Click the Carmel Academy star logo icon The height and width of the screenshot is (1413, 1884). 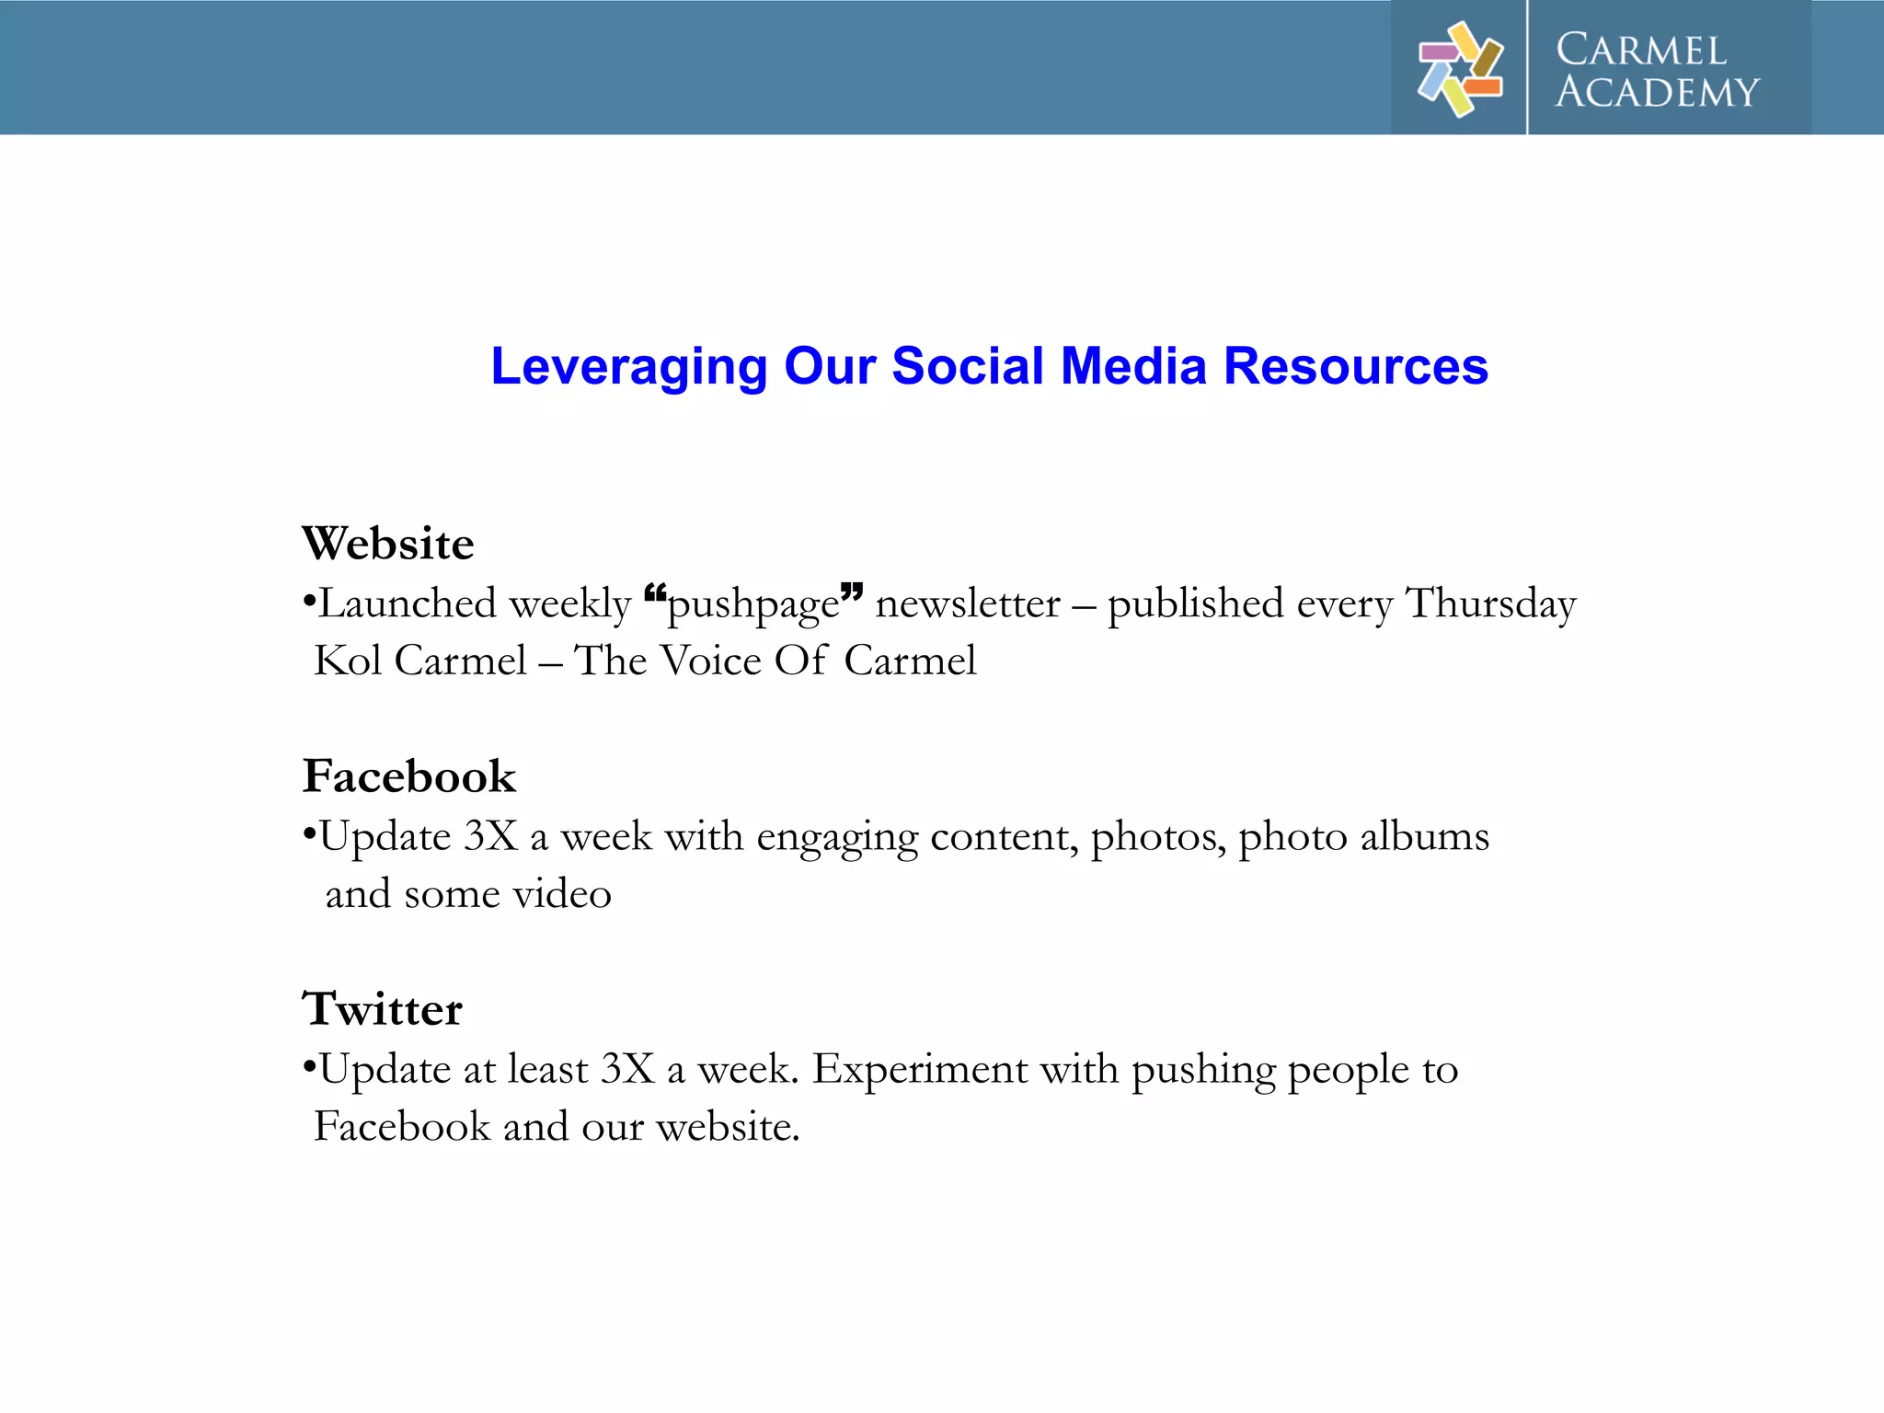[1460, 69]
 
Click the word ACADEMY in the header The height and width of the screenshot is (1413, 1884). [1657, 93]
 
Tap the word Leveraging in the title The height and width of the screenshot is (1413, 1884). [628, 367]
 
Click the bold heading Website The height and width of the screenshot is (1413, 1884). [388, 544]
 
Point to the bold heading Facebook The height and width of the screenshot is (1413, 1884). [409, 776]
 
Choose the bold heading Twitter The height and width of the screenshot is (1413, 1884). [383, 1009]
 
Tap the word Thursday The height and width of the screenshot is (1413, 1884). [1491, 604]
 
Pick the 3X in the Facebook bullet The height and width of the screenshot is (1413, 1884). [491, 837]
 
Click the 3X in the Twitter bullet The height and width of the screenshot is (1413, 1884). [627, 1070]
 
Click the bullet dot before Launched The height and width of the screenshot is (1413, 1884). [310, 603]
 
